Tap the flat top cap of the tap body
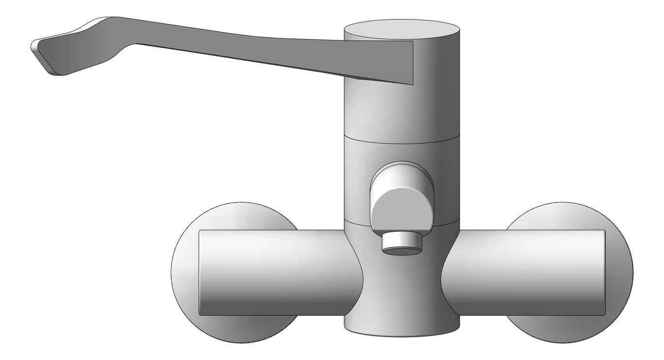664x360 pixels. [402, 30]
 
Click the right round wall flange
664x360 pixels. [620, 272]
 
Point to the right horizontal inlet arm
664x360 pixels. [525, 272]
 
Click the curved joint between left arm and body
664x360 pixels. [355, 272]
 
